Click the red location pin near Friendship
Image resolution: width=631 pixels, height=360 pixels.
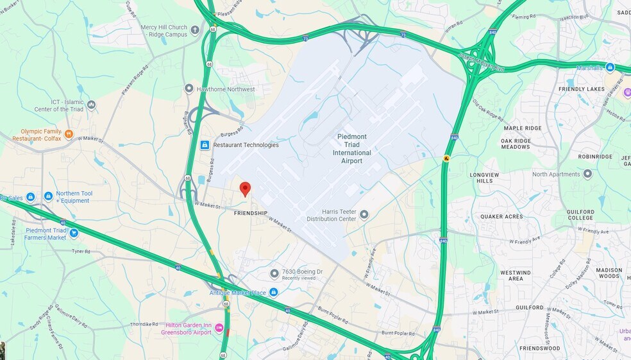click(x=245, y=189)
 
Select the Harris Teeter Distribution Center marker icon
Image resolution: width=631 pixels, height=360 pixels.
click(x=364, y=215)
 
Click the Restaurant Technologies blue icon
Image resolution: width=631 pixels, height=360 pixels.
click(x=205, y=145)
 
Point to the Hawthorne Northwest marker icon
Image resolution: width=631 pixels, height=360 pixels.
click(x=189, y=89)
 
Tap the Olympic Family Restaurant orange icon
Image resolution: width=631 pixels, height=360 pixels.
click(x=69, y=134)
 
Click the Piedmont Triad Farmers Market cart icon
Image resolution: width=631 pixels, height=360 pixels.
click(x=74, y=232)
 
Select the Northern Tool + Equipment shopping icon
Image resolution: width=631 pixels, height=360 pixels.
click(x=48, y=196)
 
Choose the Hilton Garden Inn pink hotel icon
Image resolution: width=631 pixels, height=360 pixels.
click(x=219, y=329)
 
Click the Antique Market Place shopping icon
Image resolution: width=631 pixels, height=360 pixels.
click(x=273, y=293)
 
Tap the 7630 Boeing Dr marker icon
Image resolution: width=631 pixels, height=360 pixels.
click(x=274, y=274)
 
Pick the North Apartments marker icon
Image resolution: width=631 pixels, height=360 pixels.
click(x=587, y=174)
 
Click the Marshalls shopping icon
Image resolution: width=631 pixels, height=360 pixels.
click(x=610, y=67)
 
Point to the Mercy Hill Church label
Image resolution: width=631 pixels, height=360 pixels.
click(x=164, y=31)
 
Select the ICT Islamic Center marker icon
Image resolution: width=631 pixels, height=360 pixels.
click(x=92, y=105)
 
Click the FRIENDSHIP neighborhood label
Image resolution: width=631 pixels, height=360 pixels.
click(x=250, y=213)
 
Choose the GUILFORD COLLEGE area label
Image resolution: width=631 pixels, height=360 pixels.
click(x=580, y=214)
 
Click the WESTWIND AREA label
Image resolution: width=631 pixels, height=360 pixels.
click(x=516, y=275)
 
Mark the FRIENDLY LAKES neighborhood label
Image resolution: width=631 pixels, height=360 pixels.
click(x=582, y=89)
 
